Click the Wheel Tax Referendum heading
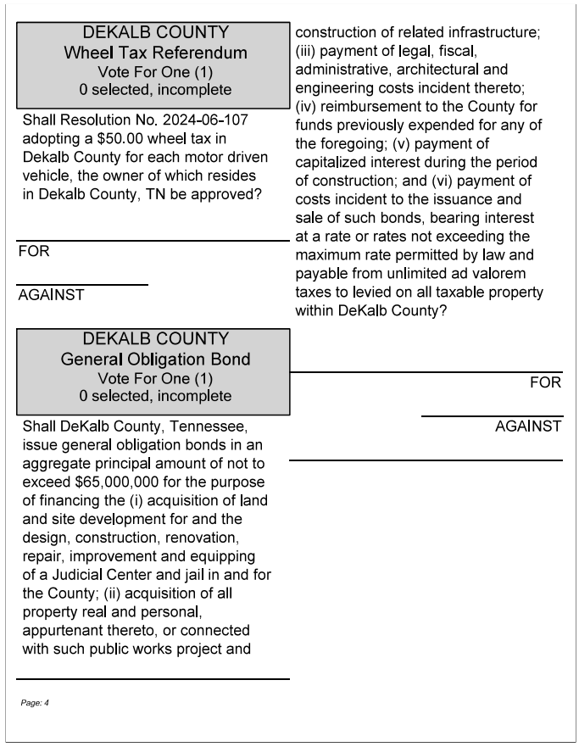[155, 53]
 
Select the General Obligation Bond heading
[155, 360]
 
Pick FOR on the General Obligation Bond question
[545, 383]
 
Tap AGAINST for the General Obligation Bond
[527, 426]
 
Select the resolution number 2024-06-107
[204, 120]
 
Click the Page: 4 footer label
[36, 703]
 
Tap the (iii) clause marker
[306, 51]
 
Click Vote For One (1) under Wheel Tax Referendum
[155, 71]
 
